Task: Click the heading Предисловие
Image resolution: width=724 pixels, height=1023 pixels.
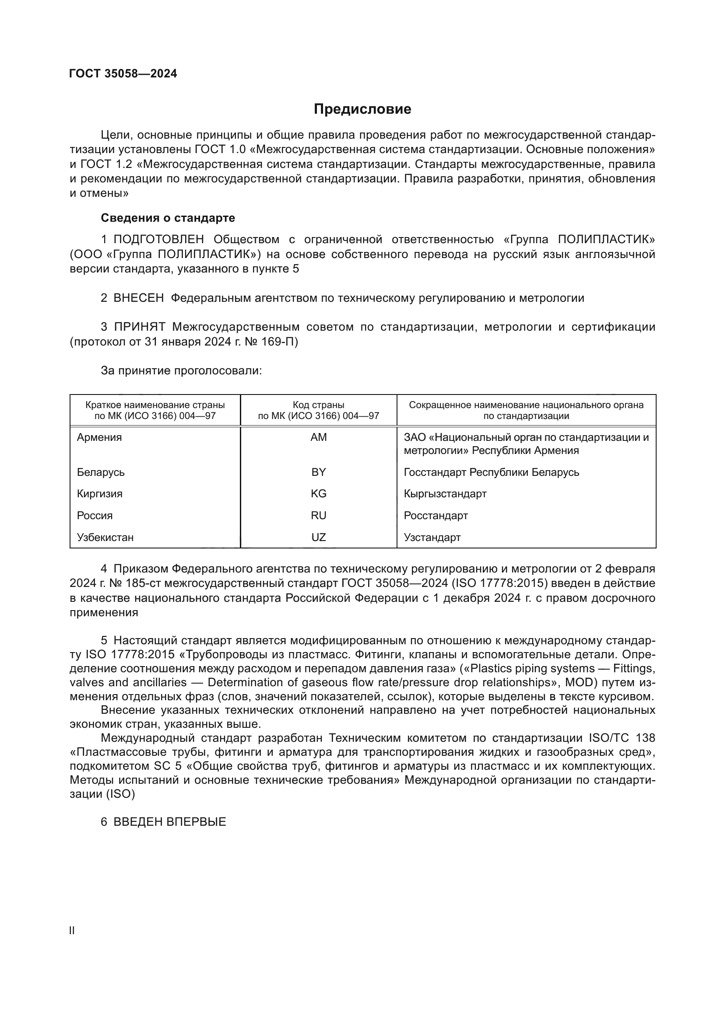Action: click(362, 109)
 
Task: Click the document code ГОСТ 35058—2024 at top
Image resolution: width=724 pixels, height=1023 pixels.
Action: click(123, 73)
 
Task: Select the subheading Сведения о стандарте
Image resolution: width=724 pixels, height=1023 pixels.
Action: click(168, 218)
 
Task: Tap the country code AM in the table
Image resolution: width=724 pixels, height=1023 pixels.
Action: click(318, 437)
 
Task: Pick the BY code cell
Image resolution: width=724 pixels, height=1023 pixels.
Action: click(318, 472)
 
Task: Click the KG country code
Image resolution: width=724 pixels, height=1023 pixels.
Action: click(318, 494)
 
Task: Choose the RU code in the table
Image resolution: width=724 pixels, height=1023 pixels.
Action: click(318, 516)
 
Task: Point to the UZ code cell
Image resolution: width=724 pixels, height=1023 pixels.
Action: click(318, 538)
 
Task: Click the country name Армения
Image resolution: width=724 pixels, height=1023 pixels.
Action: click(99, 437)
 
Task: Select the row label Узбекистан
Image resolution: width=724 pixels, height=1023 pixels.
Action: click(105, 538)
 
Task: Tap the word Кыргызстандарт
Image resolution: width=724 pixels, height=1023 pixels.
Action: click(445, 494)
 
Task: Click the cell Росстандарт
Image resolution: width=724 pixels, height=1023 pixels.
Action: click(436, 516)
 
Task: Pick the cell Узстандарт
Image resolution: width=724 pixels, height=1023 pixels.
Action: click(432, 538)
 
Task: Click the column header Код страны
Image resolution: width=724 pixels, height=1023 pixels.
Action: click(318, 405)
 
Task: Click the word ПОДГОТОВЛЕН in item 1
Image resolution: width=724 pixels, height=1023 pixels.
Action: click(159, 239)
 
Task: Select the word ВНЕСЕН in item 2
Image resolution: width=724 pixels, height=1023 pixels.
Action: click(139, 298)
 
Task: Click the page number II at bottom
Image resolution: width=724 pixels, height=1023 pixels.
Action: click(72, 931)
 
